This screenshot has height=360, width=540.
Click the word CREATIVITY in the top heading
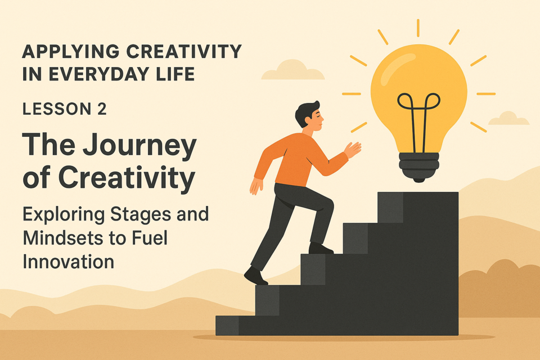point(184,52)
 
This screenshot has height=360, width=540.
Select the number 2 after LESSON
point(102,109)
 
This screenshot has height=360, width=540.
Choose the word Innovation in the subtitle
point(68,262)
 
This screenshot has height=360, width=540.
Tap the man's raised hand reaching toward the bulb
point(352,150)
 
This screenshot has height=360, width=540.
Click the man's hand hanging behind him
point(255,186)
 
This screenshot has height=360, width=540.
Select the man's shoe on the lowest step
point(255,276)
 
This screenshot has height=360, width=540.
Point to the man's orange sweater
point(298,160)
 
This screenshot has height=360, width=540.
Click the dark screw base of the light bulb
point(418,166)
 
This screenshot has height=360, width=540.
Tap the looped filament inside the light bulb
point(418,114)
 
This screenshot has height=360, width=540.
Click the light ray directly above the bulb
point(418,28)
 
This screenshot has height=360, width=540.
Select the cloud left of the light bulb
point(293,71)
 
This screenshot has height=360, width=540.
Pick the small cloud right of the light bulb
point(508,119)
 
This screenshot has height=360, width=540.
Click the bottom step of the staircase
point(227,325)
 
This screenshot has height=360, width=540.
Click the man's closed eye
point(319,117)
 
